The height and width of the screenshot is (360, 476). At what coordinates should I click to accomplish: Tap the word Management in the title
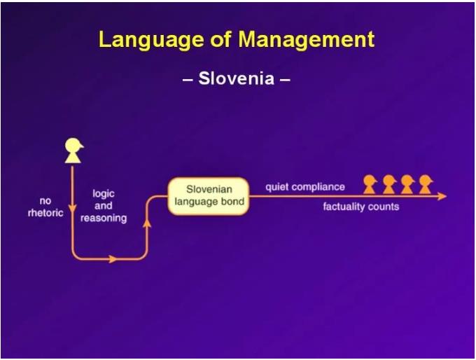point(307,39)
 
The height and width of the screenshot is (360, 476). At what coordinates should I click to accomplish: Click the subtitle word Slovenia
point(237,78)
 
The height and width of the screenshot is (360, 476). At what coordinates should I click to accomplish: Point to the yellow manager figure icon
point(73,151)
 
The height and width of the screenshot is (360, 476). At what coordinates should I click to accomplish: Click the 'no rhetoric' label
point(45,207)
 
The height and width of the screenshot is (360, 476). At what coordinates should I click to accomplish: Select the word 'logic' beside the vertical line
point(104,194)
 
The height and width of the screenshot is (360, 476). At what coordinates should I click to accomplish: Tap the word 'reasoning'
point(104,218)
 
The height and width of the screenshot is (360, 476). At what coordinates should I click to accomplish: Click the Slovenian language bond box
point(209,196)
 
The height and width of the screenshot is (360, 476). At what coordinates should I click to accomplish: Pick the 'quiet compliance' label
point(305,187)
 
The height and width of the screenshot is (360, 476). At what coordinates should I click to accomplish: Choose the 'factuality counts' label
point(361,207)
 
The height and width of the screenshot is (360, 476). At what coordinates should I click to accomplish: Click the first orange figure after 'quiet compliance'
point(370,184)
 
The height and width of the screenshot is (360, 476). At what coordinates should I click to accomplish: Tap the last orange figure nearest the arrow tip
point(426,184)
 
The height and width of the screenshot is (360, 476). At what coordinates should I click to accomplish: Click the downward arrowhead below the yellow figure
point(72,209)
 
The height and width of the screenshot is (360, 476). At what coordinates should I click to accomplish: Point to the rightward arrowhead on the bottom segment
point(112,259)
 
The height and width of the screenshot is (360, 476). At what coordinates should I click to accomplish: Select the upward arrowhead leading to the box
point(147,223)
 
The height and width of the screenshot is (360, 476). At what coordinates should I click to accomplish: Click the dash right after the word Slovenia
point(285,81)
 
